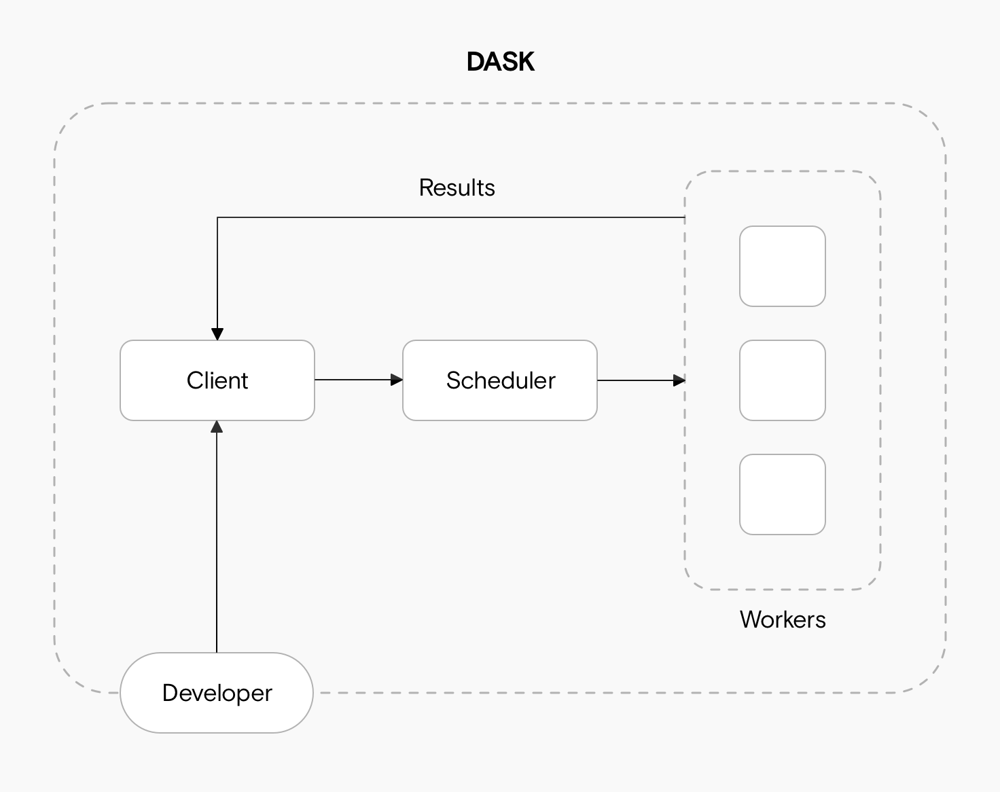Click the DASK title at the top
tap(501, 62)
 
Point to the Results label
tap(457, 187)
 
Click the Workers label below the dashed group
tap(783, 619)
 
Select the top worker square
tap(783, 266)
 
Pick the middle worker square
tap(783, 380)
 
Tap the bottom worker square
tap(783, 494)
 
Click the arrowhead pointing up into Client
tap(217, 427)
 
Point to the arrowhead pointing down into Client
tap(217, 334)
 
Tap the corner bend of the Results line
tap(217, 218)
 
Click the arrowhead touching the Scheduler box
tap(397, 380)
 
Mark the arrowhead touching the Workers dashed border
tap(679, 380)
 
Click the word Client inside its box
tap(217, 380)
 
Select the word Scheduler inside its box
tap(501, 380)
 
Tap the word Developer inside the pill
tap(217, 693)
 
